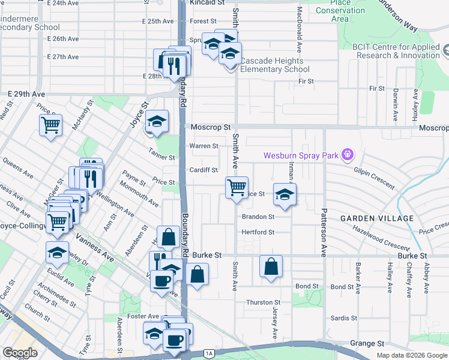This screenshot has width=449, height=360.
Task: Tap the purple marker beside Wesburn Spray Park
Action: pos(347,156)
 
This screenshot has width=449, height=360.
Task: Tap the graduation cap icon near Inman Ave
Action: pos(285,194)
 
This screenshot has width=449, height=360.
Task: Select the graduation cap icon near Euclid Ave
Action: pos(57,252)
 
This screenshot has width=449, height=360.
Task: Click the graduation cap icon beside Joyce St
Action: pos(156,122)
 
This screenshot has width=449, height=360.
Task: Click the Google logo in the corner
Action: pos(20,353)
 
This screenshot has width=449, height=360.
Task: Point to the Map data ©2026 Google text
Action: pos(412,355)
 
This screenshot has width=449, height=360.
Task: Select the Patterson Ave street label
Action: pos(324,232)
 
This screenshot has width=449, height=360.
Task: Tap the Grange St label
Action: pos(367,344)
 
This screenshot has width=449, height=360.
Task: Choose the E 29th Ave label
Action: pos(26,95)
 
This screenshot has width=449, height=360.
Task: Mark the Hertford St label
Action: pos(258,232)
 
